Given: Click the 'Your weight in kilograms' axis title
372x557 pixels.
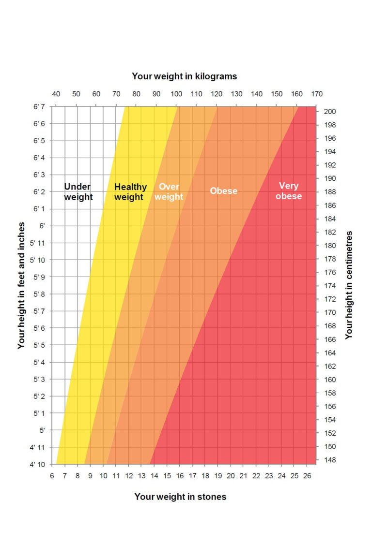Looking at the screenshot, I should [x=184, y=76].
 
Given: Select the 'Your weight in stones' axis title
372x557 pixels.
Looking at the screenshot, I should [x=180, y=497].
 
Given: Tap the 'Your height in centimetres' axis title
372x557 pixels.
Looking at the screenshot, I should [x=349, y=285].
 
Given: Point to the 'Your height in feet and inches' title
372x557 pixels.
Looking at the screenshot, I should [x=21, y=285].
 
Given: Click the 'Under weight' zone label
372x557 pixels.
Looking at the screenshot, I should [x=78, y=191].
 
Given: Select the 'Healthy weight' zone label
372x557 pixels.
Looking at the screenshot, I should [x=130, y=192].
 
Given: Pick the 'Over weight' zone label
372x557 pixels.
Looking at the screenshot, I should [x=169, y=192].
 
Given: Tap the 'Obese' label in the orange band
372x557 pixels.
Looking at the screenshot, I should [x=223, y=191].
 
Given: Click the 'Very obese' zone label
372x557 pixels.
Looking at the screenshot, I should [x=289, y=191].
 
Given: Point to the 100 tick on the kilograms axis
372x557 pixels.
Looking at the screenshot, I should [x=176, y=94].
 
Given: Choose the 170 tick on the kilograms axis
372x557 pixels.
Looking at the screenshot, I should [x=317, y=94].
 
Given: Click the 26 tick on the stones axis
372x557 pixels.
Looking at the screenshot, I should [x=307, y=475].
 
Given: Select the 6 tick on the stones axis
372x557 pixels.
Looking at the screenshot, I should [x=52, y=475].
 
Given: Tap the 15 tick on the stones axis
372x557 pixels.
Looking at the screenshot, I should [x=167, y=475].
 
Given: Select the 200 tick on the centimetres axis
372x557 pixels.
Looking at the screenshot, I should [x=330, y=111].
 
